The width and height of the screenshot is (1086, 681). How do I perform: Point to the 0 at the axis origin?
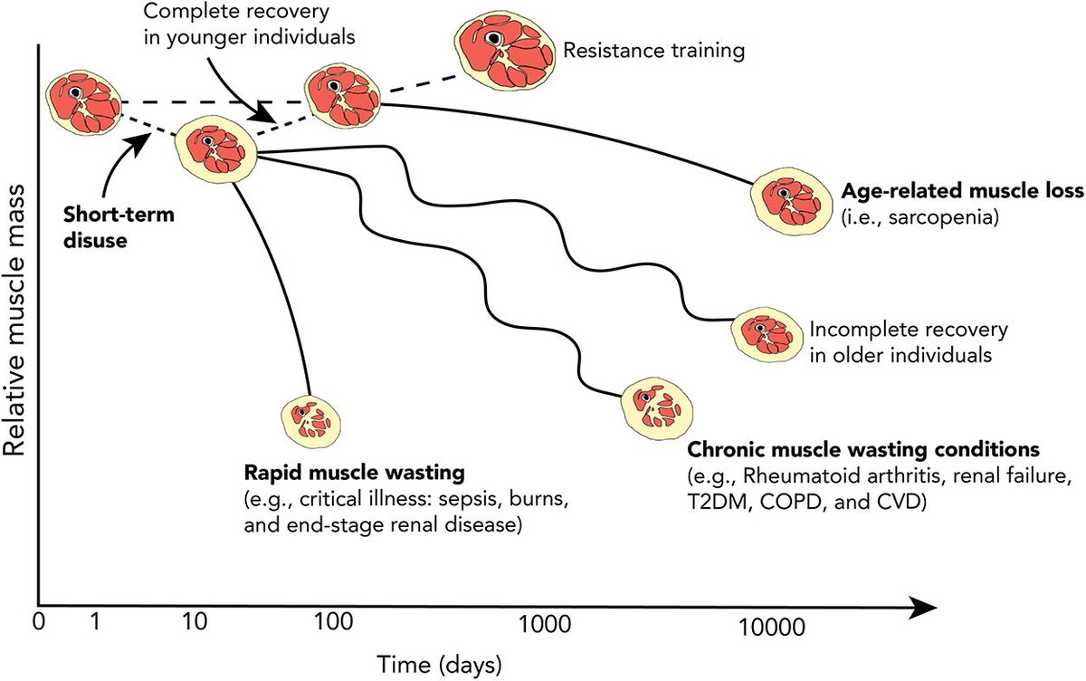(38, 625)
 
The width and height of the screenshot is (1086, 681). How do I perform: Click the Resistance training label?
(653, 49)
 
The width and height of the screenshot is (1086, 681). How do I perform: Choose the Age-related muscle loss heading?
(960, 193)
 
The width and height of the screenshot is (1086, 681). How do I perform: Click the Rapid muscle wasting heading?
(353, 473)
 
